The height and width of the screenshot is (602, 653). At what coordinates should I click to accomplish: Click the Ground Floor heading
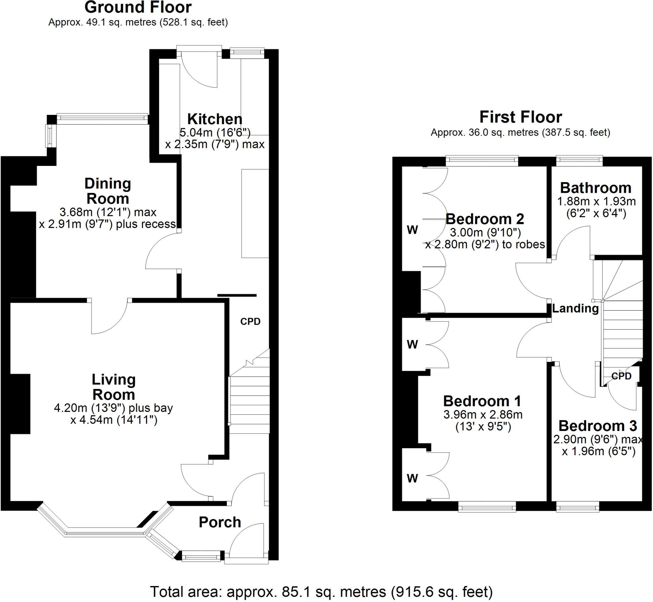[x=138, y=7]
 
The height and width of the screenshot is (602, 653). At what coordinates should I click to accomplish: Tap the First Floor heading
[x=520, y=117]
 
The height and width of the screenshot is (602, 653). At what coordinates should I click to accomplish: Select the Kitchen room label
[x=215, y=119]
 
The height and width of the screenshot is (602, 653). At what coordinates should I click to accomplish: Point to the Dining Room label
[x=108, y=191]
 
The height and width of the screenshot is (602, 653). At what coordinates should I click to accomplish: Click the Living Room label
[x=114, y=387]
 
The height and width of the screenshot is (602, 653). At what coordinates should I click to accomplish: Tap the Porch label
[x=220, y=522]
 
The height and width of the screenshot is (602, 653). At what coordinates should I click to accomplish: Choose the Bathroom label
[x=596, y=188]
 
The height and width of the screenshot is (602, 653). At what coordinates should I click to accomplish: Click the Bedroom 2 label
[x=485, y=219]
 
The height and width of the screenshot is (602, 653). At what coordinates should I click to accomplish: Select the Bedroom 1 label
[x=482, y=401]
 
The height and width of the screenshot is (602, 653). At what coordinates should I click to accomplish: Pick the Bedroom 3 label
[x=598, y=426]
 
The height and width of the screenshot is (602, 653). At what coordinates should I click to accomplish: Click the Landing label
[x=575, y=308]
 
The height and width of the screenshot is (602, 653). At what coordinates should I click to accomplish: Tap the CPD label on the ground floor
[x=250, y=322]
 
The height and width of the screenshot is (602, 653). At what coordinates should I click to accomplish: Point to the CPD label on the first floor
[x=621, y=376]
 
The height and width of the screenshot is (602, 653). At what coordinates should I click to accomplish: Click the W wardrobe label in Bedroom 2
[x=412, y=230]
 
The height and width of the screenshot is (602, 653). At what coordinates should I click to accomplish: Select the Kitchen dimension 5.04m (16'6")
[x=215, y=133]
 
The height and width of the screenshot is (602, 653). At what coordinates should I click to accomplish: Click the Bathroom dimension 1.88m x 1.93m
[x=596, y=201]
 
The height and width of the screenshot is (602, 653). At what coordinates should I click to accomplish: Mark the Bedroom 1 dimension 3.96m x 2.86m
[x=483, y=415]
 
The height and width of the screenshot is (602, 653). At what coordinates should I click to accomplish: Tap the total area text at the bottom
[x=321, y=591]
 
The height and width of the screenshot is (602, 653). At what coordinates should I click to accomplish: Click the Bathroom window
[x=579, y=159]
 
